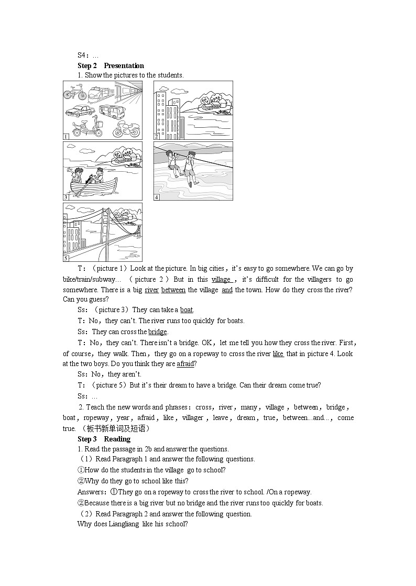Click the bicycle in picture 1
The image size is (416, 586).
click(x=75, y=94)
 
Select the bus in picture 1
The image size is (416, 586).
click(x=111, y=112)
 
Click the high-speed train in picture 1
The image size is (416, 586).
click(x=98, y=94)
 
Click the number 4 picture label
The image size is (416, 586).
click(x=157, y=197)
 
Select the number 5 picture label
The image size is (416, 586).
click(x=66, y=258)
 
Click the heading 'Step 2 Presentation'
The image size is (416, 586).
click(x=111, y=65)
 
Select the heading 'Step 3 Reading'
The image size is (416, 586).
click(x=104, y=439)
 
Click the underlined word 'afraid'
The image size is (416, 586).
click(x=185, y=364)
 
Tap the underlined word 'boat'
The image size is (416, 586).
click(x=187, y=310)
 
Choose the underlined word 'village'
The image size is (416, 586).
click(x=221, y=280)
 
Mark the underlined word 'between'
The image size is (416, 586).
click(x=173, y=290)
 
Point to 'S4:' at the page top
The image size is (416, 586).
click(x=83, y=55)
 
